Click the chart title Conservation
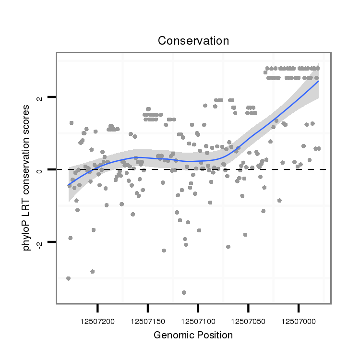pos(193,41)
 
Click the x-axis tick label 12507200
pos(98,319)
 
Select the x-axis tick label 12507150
pos(148,319)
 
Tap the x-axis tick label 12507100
pos(198,319)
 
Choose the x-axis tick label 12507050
pos(248,319)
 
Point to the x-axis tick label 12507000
pos(299,319)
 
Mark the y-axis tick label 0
pos(40,169)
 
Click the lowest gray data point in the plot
pos(184,292)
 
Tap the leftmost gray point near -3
pos(68,278)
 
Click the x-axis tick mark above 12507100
pos(198,307)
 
